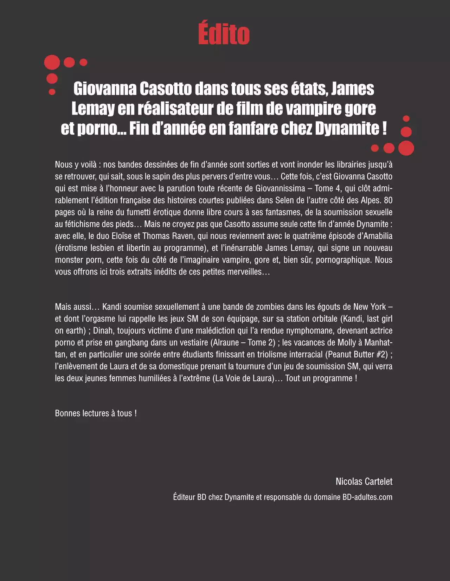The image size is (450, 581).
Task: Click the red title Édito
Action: (x=224, y=34)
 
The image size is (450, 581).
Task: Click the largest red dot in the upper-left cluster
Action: (x=52, y=63)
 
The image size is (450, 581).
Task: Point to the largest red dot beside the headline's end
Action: (x=406, y=148)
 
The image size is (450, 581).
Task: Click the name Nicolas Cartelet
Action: (x=364, y=482)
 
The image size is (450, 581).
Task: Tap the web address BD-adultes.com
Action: (x=367, y=497)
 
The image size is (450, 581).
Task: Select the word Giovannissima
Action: (x=280, y=188)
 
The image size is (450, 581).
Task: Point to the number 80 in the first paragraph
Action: (x=388, y=200)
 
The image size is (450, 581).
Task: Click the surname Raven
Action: (x=182, y=236)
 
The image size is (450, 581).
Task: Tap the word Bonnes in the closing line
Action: (x=67, y=413)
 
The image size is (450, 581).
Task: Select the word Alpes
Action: (x=371, y=200)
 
